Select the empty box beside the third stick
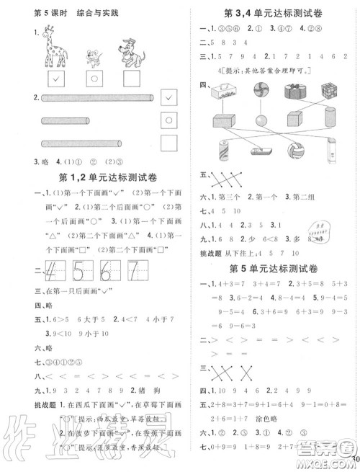tap(168, 143)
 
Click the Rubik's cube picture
tap(331, 92)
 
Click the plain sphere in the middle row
tap(258, 119)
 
